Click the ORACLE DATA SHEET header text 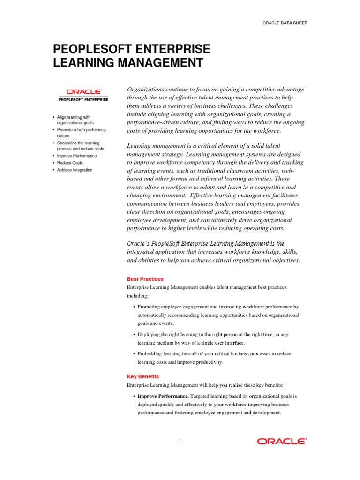click(x=285, y=22)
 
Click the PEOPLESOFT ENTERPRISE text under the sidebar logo click(x=83, y=99)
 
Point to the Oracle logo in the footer click(x=282, y=441)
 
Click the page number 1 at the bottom click(x=180, y=441)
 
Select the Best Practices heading click(x=145, y=279)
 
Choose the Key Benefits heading click(x=143, y=376)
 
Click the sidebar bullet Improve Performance click(x=77, y=156)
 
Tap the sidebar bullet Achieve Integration click(x=75, y=170)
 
